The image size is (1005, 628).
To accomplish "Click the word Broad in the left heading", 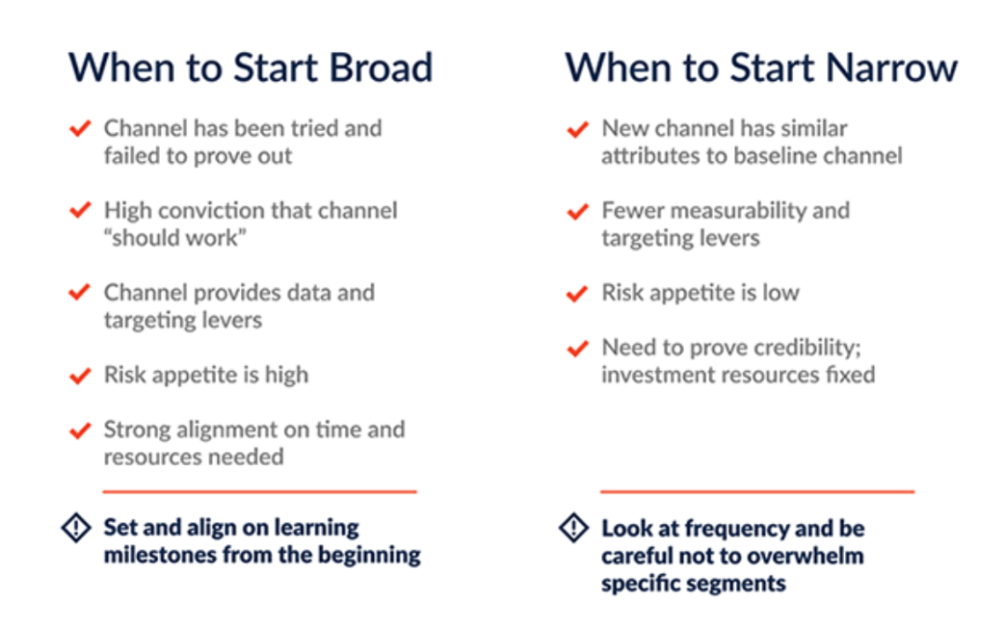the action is [x=381, y=67].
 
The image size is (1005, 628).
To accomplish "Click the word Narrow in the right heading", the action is [x=891, y=67].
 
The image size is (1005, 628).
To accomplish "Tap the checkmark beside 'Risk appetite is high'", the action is [x=80, y=376].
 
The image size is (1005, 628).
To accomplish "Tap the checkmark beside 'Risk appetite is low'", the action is [x=578, y=293].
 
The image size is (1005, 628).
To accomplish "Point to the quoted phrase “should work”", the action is [x=175, y=238].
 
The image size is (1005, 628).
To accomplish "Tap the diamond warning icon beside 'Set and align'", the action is [x=76, y=528].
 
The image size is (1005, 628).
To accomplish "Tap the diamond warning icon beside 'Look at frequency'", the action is [x=573, y=528].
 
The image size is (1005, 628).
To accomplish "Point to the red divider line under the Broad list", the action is [x=260, y=491].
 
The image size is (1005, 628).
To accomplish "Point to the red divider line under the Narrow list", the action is [x=757, y=491].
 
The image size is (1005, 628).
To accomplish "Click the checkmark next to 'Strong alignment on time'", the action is [x=80, y=431].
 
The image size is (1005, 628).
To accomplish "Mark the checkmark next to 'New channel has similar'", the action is [x=578, y=129].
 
